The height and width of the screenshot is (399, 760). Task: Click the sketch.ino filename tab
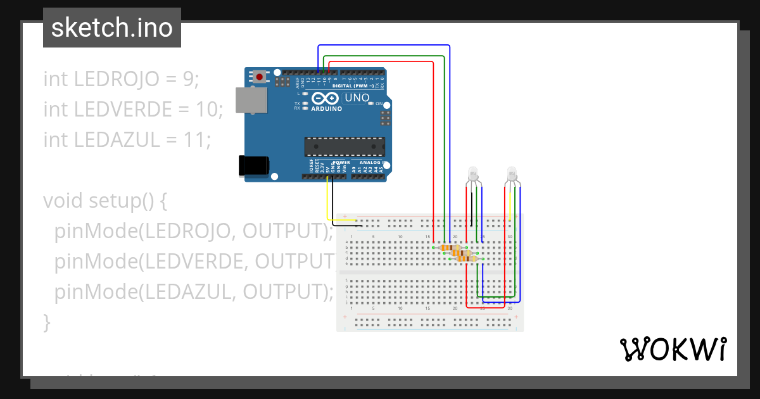click(112, 28)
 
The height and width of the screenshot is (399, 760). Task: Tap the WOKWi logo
click(673, 349)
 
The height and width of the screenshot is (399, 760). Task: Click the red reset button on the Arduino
click(260, 77)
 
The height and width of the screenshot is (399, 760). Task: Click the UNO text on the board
click(357, 98)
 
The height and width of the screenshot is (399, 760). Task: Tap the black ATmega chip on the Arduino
click(344, 146)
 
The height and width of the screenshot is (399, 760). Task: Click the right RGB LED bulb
click(513, 173)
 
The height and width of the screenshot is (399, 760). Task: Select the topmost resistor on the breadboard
click(450, 248)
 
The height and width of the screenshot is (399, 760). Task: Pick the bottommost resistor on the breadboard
click(466, 258)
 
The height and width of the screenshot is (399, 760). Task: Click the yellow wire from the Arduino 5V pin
click(327, 203)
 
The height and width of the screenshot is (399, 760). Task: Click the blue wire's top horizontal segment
click(384, 46)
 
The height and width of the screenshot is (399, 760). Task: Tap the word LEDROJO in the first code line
click(116, 79)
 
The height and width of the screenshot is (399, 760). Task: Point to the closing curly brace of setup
click(46, 322)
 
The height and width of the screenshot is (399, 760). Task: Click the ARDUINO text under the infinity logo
click(327, 108)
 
